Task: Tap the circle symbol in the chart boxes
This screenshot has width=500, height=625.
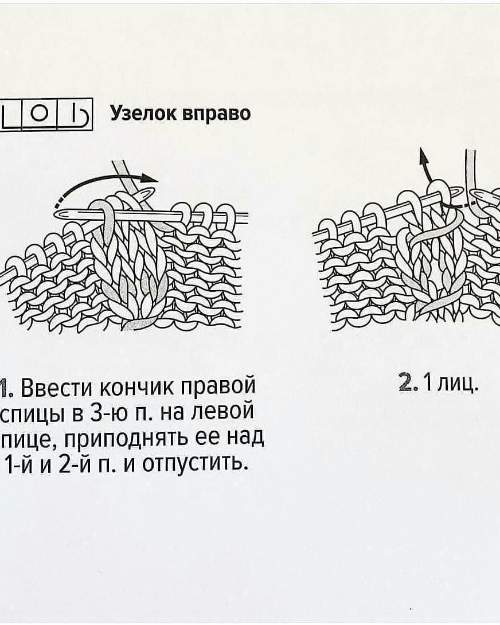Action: [x=40, y=115]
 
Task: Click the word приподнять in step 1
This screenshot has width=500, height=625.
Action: [x=115, y=438]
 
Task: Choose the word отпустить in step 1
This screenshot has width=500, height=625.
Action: [x=195, y=462]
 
